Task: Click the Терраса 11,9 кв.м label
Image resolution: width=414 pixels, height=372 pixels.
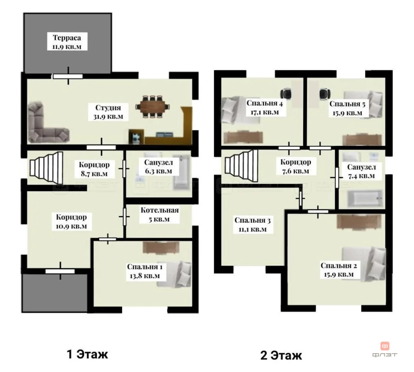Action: (x=67, y=42)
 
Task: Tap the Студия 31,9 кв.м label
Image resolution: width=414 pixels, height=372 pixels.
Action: (x=108, y=112)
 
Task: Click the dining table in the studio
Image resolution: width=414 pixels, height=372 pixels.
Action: (x=153, y=107)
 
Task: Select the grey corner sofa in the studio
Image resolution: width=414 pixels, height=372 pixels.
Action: (x=47, y=123)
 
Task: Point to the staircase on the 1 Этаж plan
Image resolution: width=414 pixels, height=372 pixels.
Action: (x=46, y=168)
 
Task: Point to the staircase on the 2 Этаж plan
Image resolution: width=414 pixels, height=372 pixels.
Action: (x=241, y=165)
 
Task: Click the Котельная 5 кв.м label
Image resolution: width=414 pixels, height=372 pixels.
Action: (x=159, y=214)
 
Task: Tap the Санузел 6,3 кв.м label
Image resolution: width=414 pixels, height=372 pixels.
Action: (x=158, y=167)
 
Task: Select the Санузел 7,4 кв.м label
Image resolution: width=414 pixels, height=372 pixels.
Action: (x=361, y=171)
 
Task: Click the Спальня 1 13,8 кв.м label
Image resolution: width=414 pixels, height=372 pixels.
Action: (x=145, y=271)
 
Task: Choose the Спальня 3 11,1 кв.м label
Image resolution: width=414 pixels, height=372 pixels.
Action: (x=252, y=225)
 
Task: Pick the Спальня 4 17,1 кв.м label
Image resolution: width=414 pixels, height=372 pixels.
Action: (x=264, y=108)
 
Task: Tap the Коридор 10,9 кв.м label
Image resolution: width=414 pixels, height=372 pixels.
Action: (x=71, y=221)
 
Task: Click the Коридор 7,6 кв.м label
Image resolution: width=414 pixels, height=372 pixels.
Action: (x=295, y=166)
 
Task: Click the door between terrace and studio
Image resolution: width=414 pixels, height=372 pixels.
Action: (x=68, y=77)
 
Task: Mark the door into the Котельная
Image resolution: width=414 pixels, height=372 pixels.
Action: (x=124, y=217)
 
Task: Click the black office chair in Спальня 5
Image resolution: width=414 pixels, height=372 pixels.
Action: (x=324, y=94)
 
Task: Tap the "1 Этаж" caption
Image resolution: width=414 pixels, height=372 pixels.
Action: (x=87, y=354)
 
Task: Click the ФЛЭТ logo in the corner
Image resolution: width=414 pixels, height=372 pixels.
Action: (x=384, y=349)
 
